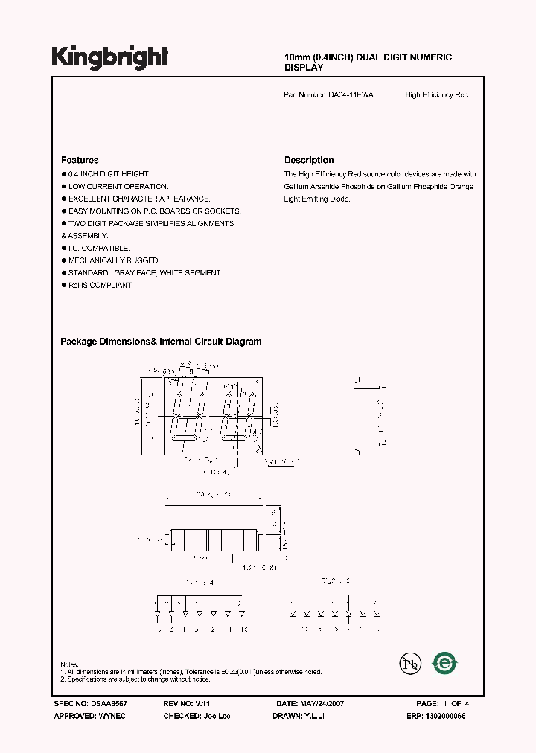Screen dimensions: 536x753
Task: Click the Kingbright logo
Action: pyautogui.click(x=110, y=57)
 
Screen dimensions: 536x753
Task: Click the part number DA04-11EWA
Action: pyautogui.click(x=351, y=95)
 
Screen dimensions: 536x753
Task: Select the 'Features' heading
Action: pyautogui.click(x=80, y=160)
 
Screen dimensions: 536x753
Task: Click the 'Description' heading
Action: pyautogui.click(x=309, y=160)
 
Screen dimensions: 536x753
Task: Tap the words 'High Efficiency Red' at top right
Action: pyautogui.click(x=437, y=95)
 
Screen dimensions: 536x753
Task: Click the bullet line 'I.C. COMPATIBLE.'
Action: pyautogui.click(x=99, y=249)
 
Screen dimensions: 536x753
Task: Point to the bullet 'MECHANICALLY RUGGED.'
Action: pyautogui.click(x=114, y=261)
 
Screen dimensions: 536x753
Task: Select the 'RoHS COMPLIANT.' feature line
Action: pyautogui.click(x=100, y=286)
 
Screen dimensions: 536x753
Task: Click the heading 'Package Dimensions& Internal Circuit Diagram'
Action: pyautogui.click(x=161, y=342)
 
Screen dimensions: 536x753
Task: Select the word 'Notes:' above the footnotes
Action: pyautogui.click(x=70, y=664)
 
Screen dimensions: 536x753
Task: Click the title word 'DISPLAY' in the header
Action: pyautogui.click(x=304, y=68)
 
